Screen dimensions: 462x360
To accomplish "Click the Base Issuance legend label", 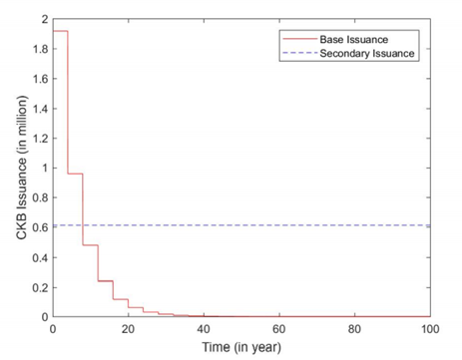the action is pyautogui.click(x=354, y=40).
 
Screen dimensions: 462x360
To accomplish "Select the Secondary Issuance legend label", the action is pyautogui.click(x=367, y=54).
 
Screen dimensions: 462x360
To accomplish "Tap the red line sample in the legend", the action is pyautogui.click(x=300, y=39).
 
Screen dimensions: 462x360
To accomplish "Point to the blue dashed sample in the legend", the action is pyautogui.click(x=300, y=53).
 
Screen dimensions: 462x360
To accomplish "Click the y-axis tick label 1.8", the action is pyautogui.click(x=40, y=49).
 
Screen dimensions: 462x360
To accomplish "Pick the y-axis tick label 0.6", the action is pyautogui.click(x=40, y=227).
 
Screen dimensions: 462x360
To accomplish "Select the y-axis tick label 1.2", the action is pyautogui.click(x=40, y=139).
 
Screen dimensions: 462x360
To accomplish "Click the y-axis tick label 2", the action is pyautogui.click(x=45, y=19).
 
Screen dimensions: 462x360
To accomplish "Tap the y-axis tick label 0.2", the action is pyautogui.click(x=40, y=287).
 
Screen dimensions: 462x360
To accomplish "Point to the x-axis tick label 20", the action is pyautogui.click(x=128, y=329).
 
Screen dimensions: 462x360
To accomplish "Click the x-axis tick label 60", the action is pyautogui.click(x=279, y=329).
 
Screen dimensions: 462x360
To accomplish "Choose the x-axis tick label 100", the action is pyautogui.click(x=430, y=329).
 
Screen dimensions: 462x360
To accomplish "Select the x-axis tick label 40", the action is pyautogui.click(x=204, y=329).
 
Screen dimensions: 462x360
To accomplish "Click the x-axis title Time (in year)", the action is pyautogui.click(x=241, y=347).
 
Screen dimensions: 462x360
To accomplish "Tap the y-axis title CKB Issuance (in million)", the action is pyautogui.click(x=22, y=168).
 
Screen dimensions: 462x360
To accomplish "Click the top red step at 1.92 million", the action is pyautogui.click(x=60, y=31).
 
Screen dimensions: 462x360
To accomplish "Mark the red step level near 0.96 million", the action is pyautogui.click(x=75, y=174).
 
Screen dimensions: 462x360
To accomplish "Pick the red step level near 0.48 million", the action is pyautogui.click(x=91, y=245).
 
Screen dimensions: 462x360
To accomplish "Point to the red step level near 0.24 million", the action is pyautogui.click(x=106, y=281).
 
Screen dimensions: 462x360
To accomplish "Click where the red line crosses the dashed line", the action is pyautogui.click(x=83, y=225).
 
